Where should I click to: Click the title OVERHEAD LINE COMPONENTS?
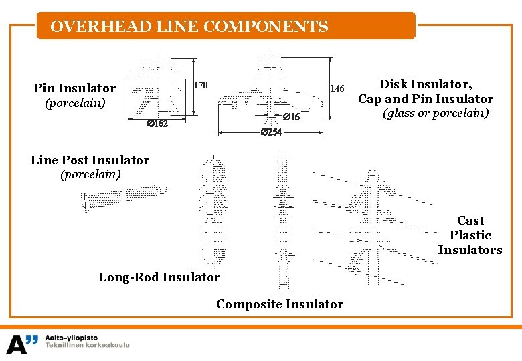[x=189, y=27]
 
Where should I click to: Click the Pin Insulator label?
[x=75, y=88]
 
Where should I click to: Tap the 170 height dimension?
[x=201, y=85]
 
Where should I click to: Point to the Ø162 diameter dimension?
[x=157, y=124]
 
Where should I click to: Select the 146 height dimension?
[x=337, y=88]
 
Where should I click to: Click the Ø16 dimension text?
[x=290, y=117]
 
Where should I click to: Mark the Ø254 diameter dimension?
[x=271, y=132]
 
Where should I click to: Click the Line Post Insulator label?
[x=90, y=160]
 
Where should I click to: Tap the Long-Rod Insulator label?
[x=159, y=277]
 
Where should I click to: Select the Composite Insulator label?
[x=280, y=304]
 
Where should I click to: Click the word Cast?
[x=470, y=221]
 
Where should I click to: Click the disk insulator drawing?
[x=268, y=90]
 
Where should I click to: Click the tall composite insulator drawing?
[x=284, y=224]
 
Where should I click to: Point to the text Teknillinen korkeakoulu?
[x=87, y=345]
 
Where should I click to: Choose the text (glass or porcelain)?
[x=436, y=114]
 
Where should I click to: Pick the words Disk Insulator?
[x=426, y=84]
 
